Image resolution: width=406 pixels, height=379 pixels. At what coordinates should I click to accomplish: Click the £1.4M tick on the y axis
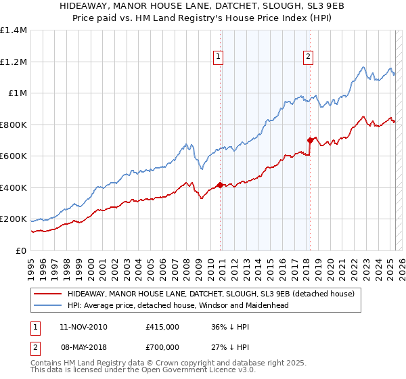coord(14,30)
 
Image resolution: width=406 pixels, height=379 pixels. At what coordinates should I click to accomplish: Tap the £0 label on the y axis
coord(21,251)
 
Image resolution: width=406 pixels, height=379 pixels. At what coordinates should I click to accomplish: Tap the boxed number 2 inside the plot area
coord(308,58)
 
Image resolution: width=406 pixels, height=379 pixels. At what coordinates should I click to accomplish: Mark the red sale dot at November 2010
coord(220,185)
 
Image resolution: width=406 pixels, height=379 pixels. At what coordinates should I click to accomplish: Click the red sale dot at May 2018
coord(309,140)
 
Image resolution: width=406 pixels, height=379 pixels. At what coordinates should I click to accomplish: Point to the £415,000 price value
coord(162,326)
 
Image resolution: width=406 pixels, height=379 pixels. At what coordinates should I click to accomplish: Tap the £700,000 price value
coord(162,347)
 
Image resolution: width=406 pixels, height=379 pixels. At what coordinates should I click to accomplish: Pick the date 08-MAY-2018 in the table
coord(84,347)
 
